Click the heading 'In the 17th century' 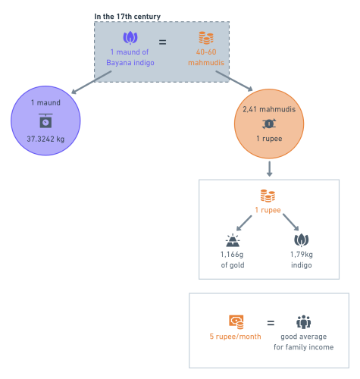click(x=127, y=17)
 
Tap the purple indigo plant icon click(x=130, y=38)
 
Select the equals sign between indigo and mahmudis click(x=162, y=42)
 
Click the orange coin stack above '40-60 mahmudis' click(x=206, y=38)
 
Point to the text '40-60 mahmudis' click(x=206, y=58)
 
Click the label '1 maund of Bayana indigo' click(x=130, y=58)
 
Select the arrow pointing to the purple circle click(x=92, y=83)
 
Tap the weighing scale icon click(x=45, y=121)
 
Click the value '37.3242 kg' click(x=45, y=139)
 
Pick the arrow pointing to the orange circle click(x=234, y=81)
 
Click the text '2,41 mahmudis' click(x=269, y=109)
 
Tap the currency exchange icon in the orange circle click(x=269, y=124)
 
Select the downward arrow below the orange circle click(x=269, y=169)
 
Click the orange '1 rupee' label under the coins click(x=268, y=210)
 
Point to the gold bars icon click(x=233, y=240)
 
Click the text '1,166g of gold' click(x=233, y=259)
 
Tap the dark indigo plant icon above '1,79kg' click(x=302, y=240)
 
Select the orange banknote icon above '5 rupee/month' click(x=236, y=322)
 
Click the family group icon click(x=303, y=322)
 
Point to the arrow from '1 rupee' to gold click(x=244, y=223)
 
